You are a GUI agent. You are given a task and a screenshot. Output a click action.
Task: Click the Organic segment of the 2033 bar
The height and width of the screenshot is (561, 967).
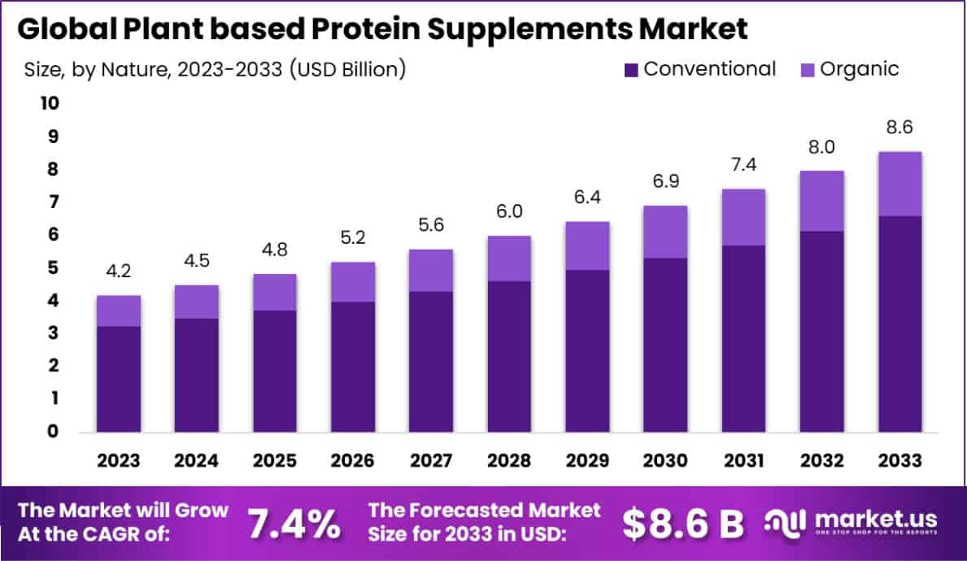click(899, 184)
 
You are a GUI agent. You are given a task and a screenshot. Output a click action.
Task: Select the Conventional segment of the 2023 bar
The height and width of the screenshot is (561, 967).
click(119, 379)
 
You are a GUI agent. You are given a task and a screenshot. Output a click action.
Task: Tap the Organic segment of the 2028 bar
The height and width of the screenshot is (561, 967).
click(509, 259)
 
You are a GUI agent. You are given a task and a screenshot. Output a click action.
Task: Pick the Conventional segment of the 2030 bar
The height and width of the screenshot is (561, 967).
click(665, 345)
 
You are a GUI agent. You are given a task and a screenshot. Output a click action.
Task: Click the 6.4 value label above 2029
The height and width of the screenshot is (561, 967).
click(587, 198)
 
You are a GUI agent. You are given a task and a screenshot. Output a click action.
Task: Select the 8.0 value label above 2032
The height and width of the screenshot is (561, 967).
click(821, 147)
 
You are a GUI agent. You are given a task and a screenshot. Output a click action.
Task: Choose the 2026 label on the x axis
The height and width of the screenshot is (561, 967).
click(353, 461)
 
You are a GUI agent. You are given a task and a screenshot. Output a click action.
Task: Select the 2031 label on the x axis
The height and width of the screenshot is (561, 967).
click(743, 461)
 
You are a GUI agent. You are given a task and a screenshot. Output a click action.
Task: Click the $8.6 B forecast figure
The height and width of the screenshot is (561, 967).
click(683, 524)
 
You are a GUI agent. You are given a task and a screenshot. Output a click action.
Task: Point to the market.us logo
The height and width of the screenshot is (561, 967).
click(852, 522)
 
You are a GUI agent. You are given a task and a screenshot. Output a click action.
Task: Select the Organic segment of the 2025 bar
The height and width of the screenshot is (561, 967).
click(275, 292)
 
